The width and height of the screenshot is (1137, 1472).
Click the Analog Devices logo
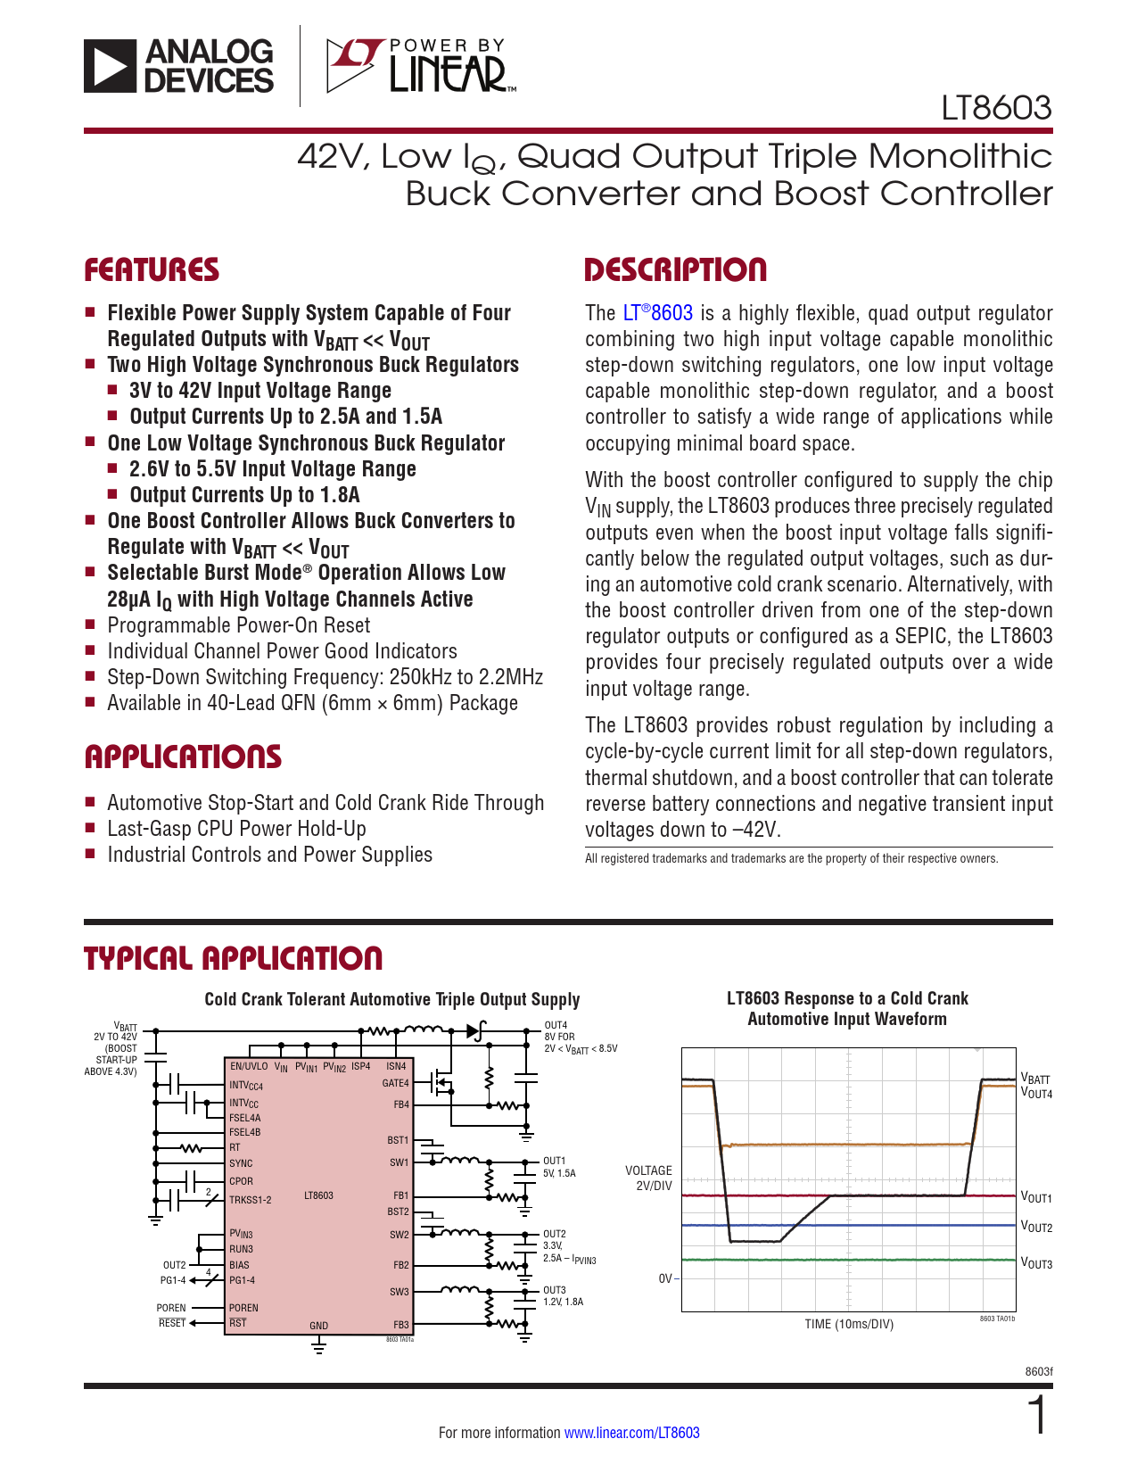[179, 66]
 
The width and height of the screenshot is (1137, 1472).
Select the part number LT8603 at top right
[996, 108]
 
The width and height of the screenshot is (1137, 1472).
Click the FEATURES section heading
[152, 270]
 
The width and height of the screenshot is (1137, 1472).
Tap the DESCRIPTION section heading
[675, 270]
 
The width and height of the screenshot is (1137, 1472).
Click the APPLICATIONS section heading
[183, 757]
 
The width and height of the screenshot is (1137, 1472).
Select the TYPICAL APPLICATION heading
[233, 959]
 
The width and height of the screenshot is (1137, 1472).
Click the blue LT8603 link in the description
[657, 313]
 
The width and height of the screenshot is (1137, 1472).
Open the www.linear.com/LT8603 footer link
[631, 1433]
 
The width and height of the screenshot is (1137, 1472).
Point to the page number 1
[1037, 1416]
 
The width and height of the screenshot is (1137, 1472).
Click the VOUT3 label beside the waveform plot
[1036, 1264]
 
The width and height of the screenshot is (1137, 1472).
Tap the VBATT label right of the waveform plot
[1035, 1079]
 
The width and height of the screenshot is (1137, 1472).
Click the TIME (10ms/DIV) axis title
[848, 1324]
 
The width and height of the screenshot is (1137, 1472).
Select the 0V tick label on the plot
[666, 1278]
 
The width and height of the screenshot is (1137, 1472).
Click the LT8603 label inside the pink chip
[318, 1195]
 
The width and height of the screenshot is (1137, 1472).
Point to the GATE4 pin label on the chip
[395, 1084]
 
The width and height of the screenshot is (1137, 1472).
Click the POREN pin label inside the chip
[243, 1308]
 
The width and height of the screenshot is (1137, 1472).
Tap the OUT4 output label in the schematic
[556, 1026]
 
